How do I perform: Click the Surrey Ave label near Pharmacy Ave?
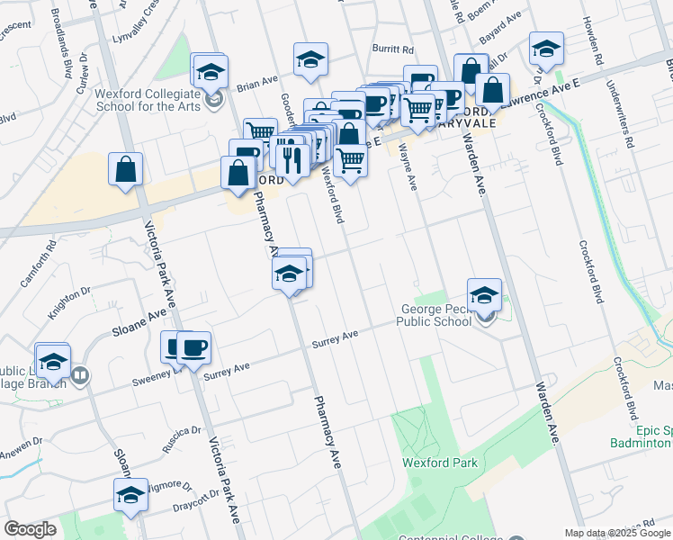[335, 339]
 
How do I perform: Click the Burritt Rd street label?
[395, 50]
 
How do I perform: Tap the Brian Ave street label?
[257, 84]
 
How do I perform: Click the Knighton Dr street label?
[70, 304]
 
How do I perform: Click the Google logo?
[30, 530]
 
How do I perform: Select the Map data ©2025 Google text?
[617, 533]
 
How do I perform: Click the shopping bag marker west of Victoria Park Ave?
[126, 169]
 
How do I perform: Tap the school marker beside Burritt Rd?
[310, 59]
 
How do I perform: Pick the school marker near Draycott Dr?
[130, 495]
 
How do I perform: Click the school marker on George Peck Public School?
[484, 294]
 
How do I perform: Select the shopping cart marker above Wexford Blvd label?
[350, 159]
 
